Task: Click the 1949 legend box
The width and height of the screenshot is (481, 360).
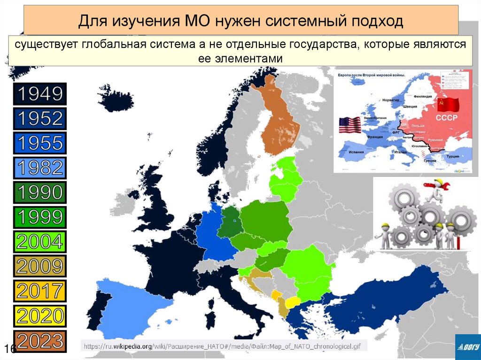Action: tap(40, 94)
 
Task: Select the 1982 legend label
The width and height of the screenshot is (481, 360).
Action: tap(40, 168)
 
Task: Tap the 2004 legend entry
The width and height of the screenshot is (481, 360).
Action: tap(40, 242)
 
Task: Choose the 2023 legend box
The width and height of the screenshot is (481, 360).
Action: tap(40, 341)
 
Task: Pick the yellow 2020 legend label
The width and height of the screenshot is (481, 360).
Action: tap(40, 316)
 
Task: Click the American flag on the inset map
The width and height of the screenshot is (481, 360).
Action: tap(350, 125)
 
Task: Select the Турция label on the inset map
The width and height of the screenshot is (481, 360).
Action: tap(452, 156)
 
